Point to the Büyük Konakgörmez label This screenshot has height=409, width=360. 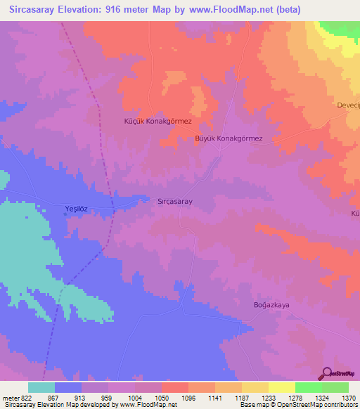click(x=228, y=138)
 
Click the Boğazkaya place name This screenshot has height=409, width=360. click(x=271, y=304)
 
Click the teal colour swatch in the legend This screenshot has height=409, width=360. click(x=41, y=387)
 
